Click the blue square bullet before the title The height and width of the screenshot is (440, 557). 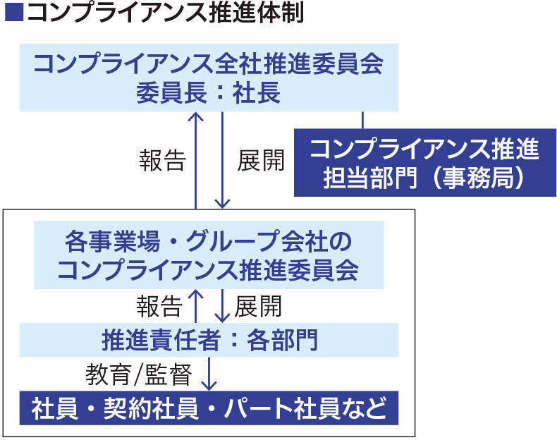[x=13, y=14]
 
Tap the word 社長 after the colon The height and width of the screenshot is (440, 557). [x=257, y=92]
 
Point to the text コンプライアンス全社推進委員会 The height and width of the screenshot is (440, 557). [x=209, y=65]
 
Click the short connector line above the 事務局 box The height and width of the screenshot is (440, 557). [x=362, y=120]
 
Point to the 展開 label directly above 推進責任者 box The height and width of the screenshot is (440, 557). [x=258, y=306]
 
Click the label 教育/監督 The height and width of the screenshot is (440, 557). [x=139, y=374]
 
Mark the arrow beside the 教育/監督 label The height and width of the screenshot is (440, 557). [x=208, y=374]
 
